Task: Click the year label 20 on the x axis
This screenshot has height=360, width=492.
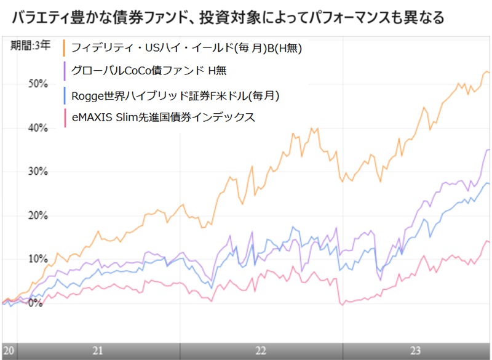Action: point(9,350)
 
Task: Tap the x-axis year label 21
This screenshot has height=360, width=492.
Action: point(97,350)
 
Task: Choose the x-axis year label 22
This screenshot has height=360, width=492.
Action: point(261,350)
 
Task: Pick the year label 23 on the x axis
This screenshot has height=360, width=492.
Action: point(415,350)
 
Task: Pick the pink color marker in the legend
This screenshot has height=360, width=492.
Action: point(65,118)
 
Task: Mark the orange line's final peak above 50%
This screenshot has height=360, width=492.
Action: point(486,71)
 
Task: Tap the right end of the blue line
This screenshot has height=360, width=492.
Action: point(489,183)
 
